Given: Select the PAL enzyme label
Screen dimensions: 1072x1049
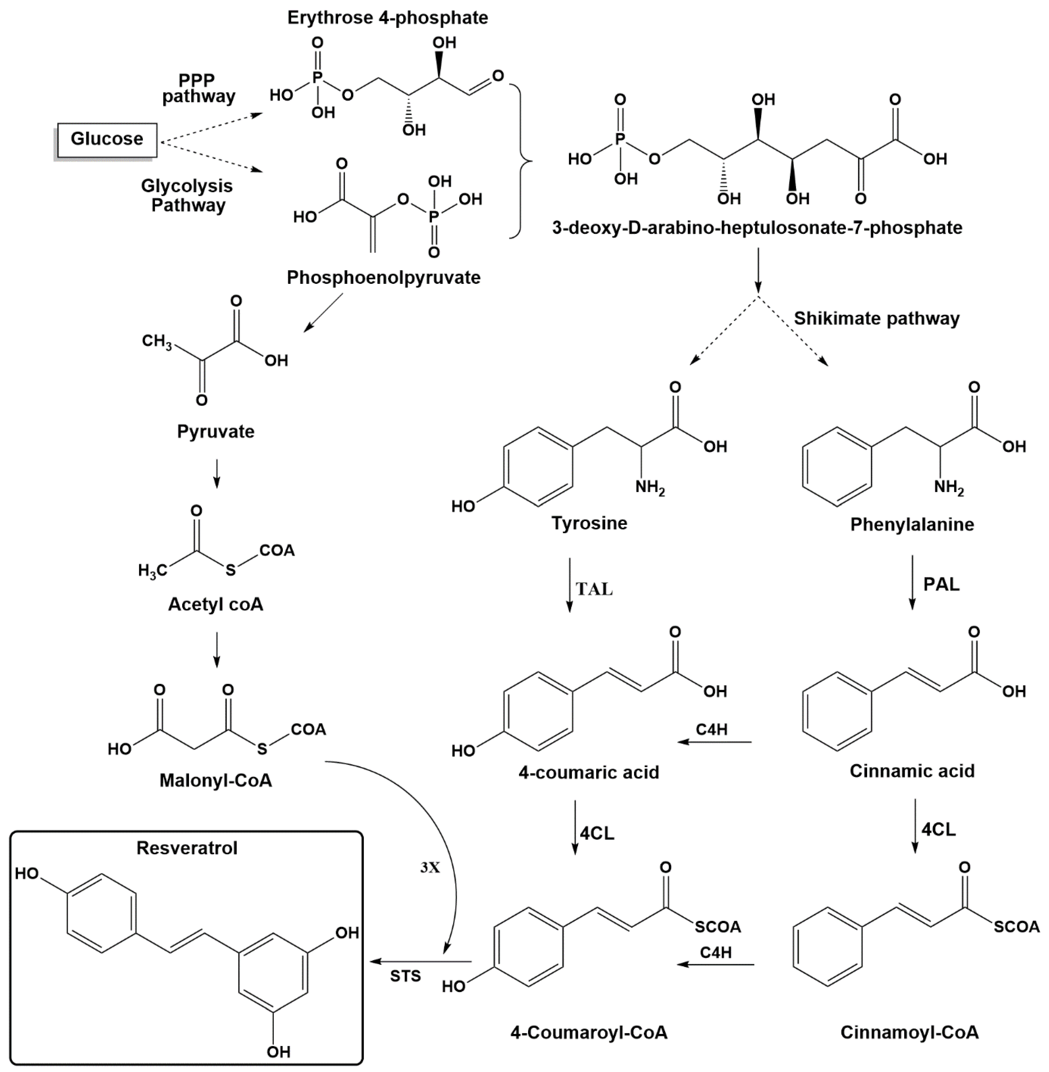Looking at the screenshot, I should point(941,584).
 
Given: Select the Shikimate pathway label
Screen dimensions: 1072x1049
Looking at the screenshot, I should point(876,318).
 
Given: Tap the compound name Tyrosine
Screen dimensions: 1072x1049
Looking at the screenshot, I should point(589,523).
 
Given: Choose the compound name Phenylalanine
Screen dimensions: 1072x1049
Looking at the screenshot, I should point(912,524).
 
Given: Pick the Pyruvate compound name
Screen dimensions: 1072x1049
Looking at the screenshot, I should point(216,431).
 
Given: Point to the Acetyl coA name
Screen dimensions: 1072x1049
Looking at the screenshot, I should point(216,604).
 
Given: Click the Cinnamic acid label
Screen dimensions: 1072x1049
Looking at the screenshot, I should point(912,771).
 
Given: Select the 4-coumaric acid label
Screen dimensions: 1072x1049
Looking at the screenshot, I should point(588,772).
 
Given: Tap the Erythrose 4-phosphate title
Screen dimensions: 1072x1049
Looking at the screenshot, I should point(387,18).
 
